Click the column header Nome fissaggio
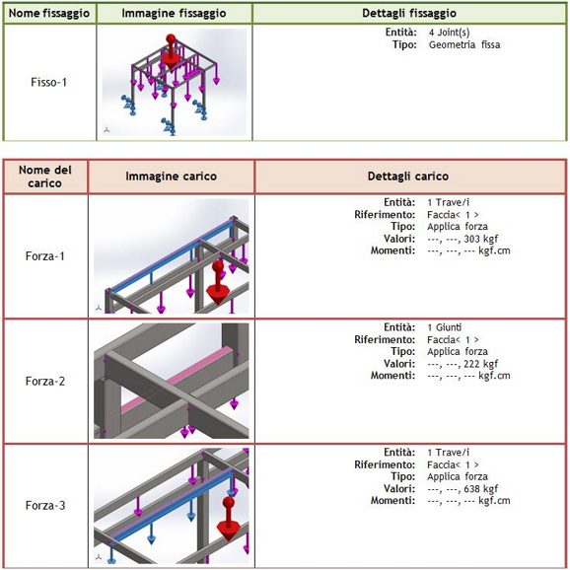(x=49, y=14)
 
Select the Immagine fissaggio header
(x=174, y=14)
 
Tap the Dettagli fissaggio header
(x=409, y=14)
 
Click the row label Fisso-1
(x=49, y=82)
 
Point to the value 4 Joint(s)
(x=450, y=33)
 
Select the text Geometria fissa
(x=464, y=44)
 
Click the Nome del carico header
(x=45, y=177)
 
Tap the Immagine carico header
(x=172, y=177)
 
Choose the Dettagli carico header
(x=408, y=177)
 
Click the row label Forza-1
(x=45, y=256)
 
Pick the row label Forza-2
(x=45, y=381)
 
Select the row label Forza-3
(x=45, y=505)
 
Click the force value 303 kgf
(x=481, y=239)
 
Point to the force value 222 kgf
(x=481, y=364)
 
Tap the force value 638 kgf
(x=481, y=488)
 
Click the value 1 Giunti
(x=445, y=327)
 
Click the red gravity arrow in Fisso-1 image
(x=171, y=51)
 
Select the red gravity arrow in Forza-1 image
(x=218, y=282)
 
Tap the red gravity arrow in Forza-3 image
(x=228, y=519)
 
